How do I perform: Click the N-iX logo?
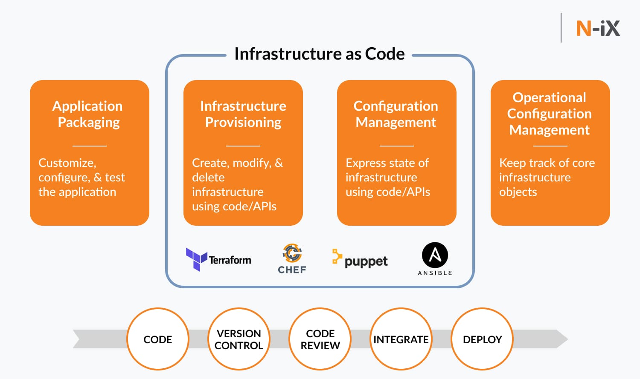[x=598, y=29]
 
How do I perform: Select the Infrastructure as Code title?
[x=319, y=54]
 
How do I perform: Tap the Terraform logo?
[x=218, y=259]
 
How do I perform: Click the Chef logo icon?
[x=292, y=253]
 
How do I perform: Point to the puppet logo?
[x=360, y=260]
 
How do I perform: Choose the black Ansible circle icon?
[x=435, y=255]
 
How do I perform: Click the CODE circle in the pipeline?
[x=158, y=339]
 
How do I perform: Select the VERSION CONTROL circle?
[x=239, y=339]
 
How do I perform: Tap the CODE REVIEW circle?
[x=320, y=339]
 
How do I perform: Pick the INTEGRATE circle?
[x=401, y=339]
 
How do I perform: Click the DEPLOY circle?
[x=482, y=339]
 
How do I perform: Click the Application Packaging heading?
[x=88, y=114]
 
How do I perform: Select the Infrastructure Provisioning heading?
[x=243, y=114]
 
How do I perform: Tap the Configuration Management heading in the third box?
[x=396, y=114]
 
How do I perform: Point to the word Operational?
[x=549, y=98]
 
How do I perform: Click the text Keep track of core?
[x=547, y=163]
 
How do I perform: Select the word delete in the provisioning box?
[x=208, y=178]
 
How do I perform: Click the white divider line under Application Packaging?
[x=90, y=146]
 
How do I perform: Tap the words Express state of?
[x=387, y=163]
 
